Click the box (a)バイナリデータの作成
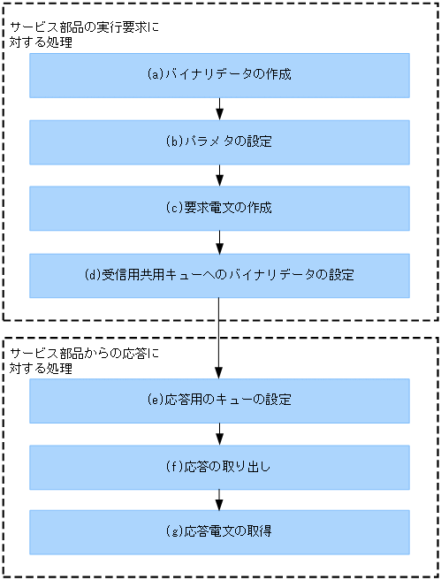(219, 75)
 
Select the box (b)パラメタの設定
(219, 141)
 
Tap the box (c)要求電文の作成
(219, 209)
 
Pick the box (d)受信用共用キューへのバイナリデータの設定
(219, 275)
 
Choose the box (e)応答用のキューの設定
(219, 401)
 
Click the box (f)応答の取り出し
(219, 466)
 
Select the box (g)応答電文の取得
(219, 531)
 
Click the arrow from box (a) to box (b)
(219, 109)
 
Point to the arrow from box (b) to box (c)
(219, 175)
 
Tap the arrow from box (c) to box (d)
(219, 242)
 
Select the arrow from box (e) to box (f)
(219, 433)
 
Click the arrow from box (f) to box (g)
(219, 500)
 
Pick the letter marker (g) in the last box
(174, 531)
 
